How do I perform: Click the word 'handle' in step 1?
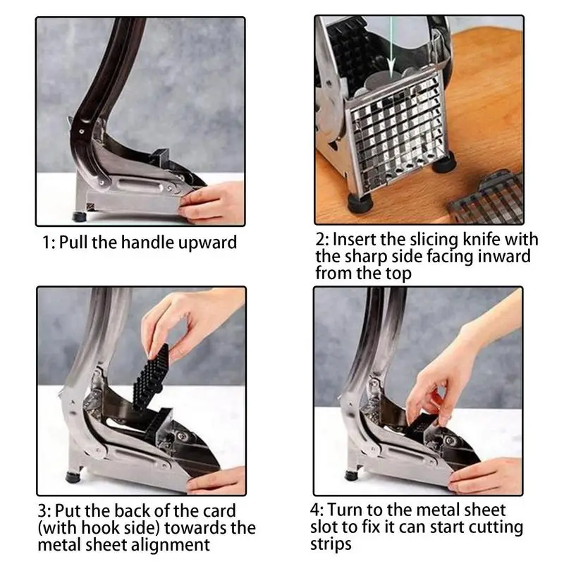tap(148, 242)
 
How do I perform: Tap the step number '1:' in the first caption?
tap(49, 243)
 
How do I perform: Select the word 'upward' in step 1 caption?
tap(208, 243)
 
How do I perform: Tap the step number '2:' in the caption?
tap(323, 240)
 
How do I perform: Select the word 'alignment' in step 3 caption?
tap(170, 544)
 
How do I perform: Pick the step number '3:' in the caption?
tap(44, 511)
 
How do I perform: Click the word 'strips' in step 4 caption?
tap(331, 544)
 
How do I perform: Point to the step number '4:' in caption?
tap(317, 510)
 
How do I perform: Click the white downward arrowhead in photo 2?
tap(392, 72)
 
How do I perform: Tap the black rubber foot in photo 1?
tap(79, 216)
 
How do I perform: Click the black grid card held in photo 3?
tap(151, 379)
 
